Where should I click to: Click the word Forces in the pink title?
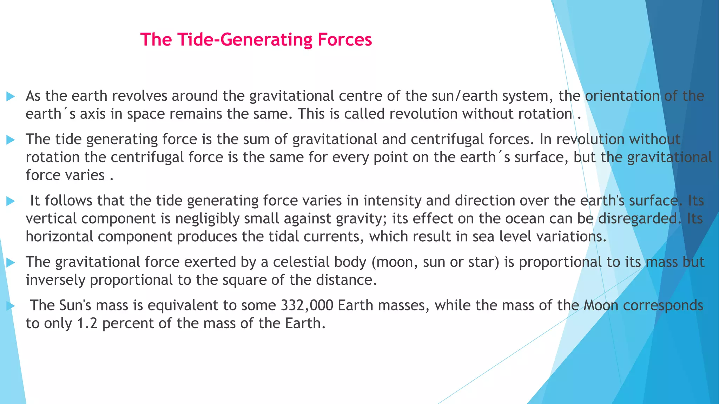click(344, 39)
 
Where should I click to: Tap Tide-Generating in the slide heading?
click(245, 39)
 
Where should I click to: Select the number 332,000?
click(307, 305)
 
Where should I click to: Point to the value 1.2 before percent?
click(87, 323)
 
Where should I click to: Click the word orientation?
click(622, 96)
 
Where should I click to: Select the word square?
click(257, 280)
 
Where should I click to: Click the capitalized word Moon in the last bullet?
click(601, 305)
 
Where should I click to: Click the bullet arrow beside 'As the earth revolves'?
click(11, 96)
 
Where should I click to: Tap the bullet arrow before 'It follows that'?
click(11, 201)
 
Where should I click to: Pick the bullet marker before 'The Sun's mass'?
click(11, 306)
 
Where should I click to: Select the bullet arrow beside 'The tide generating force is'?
click(11, 140)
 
